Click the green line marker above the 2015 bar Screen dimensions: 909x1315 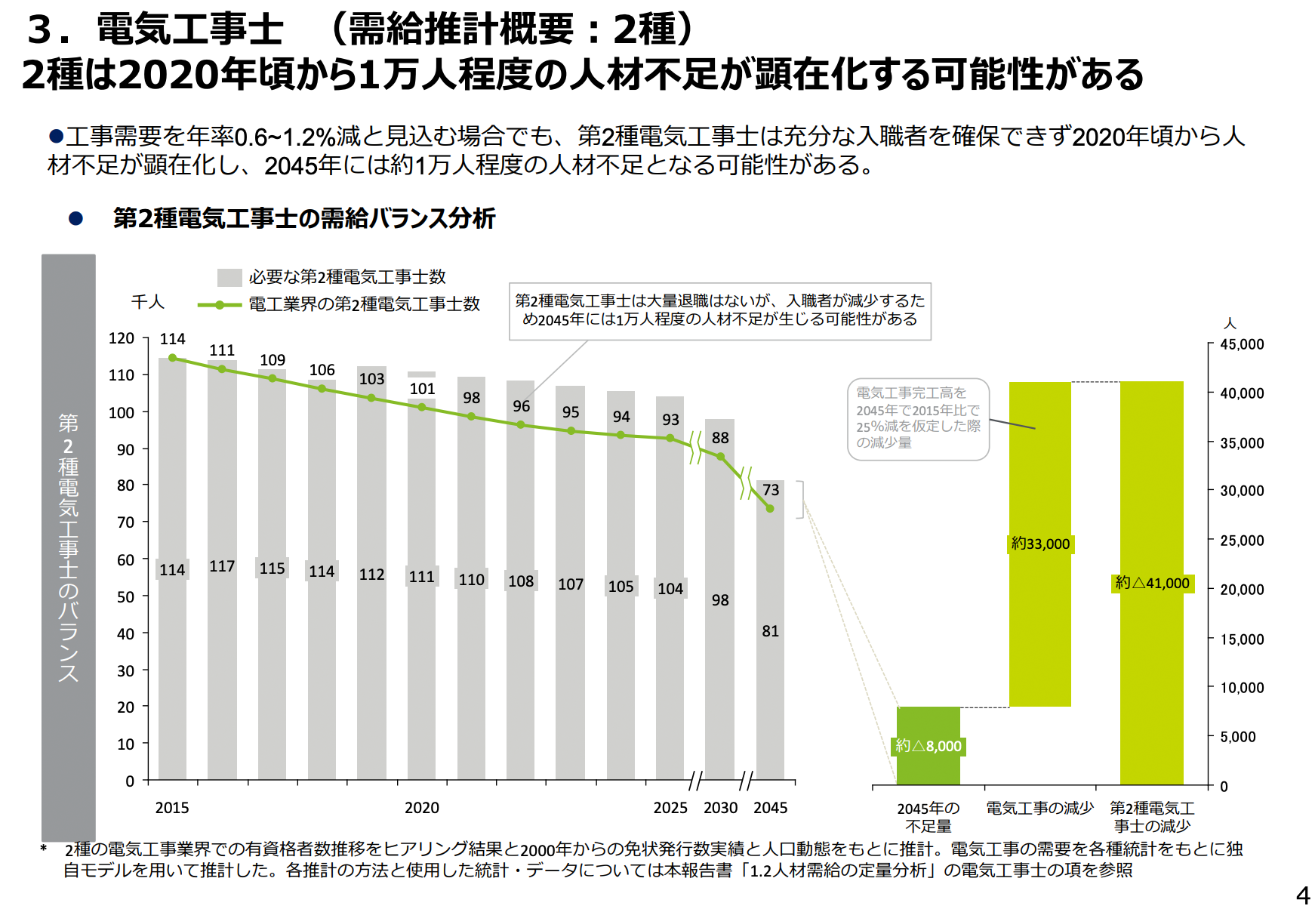(173, 358)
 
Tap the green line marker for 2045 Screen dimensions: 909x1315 (770, 508)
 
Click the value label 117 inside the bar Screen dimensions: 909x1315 (222, 566)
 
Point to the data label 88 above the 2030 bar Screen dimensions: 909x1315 (720, 438)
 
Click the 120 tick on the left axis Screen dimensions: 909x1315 (122, 338)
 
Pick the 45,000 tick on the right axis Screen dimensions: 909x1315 (1242, 344)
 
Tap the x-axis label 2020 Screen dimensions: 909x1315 (422, 808)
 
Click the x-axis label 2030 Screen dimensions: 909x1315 (720, 808)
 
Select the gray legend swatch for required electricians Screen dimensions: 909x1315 (229, 277)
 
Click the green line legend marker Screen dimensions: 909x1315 (219, 305)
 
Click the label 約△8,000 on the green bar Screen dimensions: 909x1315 (929, 746)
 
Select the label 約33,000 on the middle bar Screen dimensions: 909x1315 (1040, 544)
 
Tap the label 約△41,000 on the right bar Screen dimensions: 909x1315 (1152, 583)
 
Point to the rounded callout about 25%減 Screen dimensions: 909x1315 (918, 419)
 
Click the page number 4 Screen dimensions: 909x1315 (1303, 895)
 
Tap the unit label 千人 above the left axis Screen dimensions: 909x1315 (147, 302)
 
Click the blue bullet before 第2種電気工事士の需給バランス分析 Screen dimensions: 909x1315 (75, 219)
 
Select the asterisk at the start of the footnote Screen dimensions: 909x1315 (44, 849)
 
